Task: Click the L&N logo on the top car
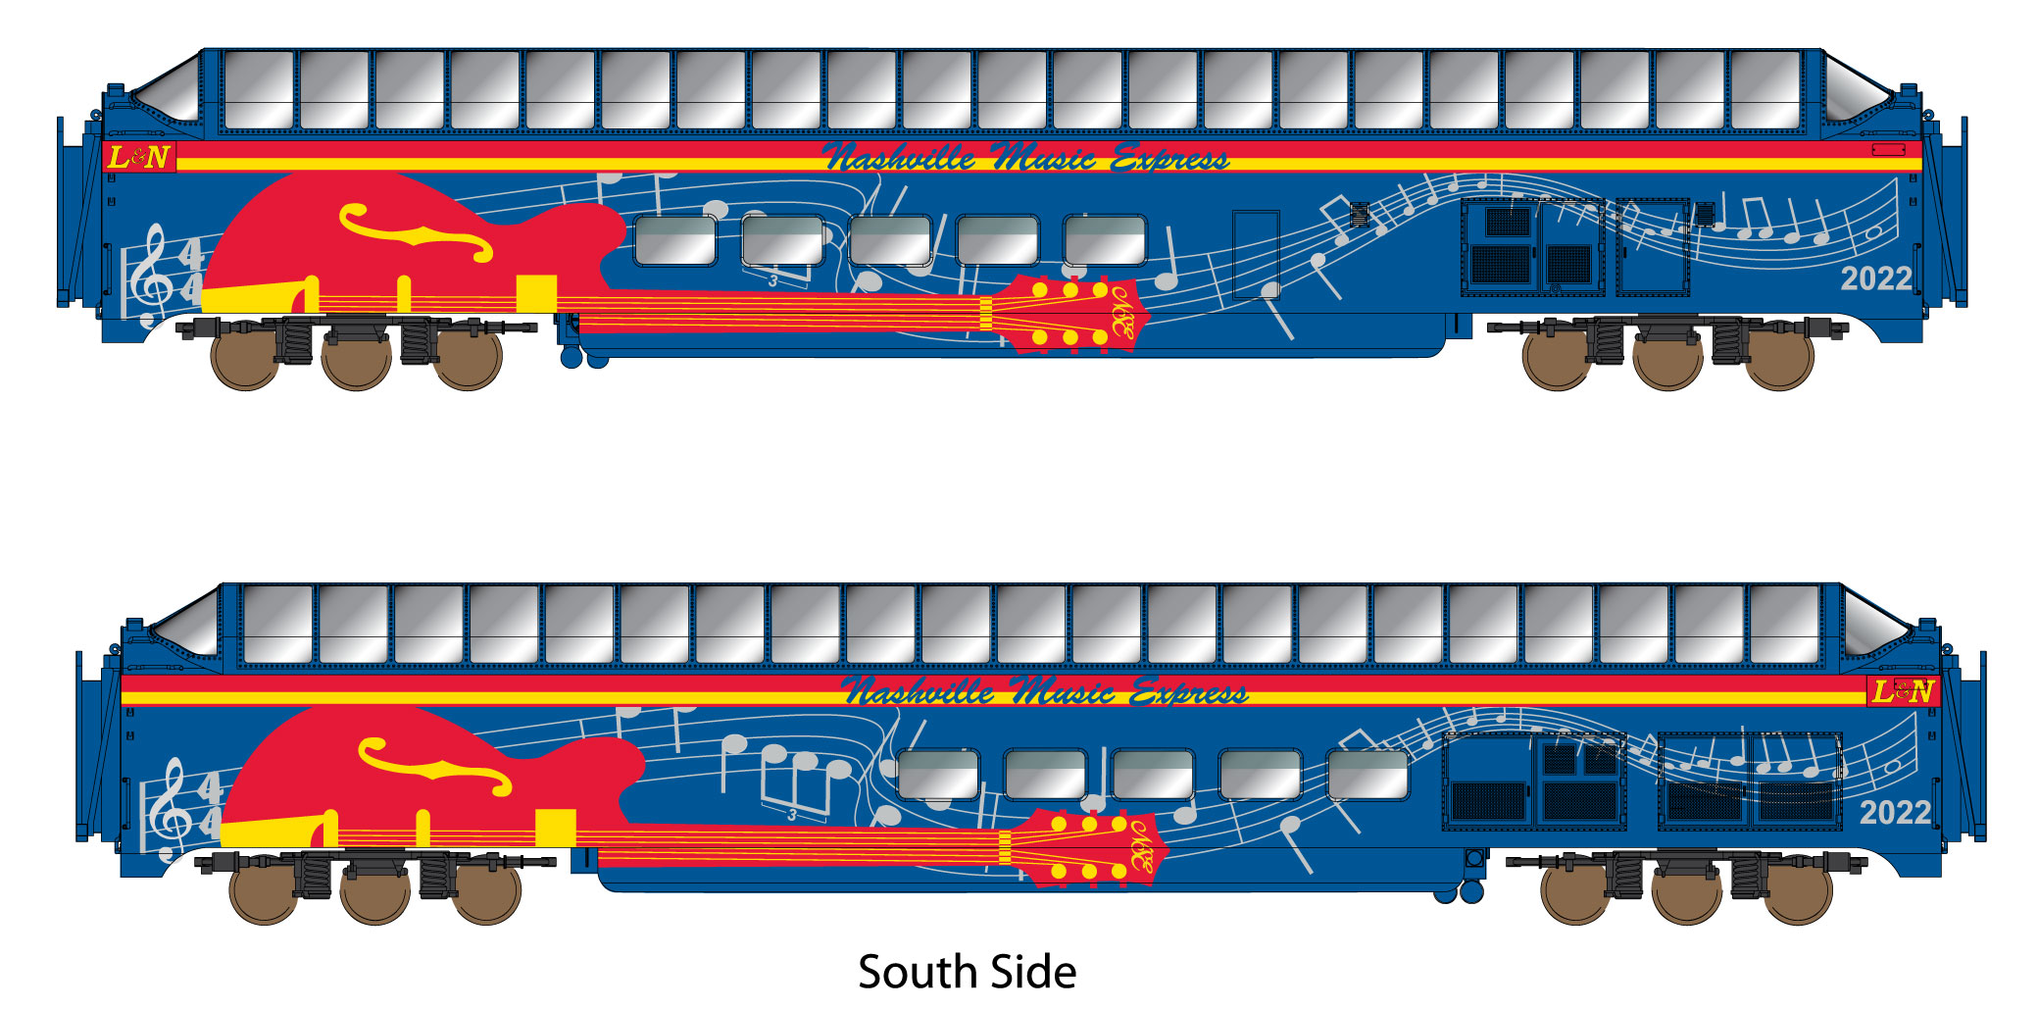click(x=139, y=157)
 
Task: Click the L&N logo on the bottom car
click(x=1902, y=691)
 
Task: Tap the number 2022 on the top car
click(x=1875, y=279)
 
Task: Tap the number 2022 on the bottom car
click(x=1894, y=813)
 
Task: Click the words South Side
click(x=967, y=972)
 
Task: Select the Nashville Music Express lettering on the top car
click(x=1025, y=158)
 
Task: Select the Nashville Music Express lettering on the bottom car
click(x=1045, y=692)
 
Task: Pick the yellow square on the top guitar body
click(x=536, y=293)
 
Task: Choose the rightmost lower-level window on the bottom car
click(x=1367, y=775)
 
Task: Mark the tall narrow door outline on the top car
click(x=1256, y=254)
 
